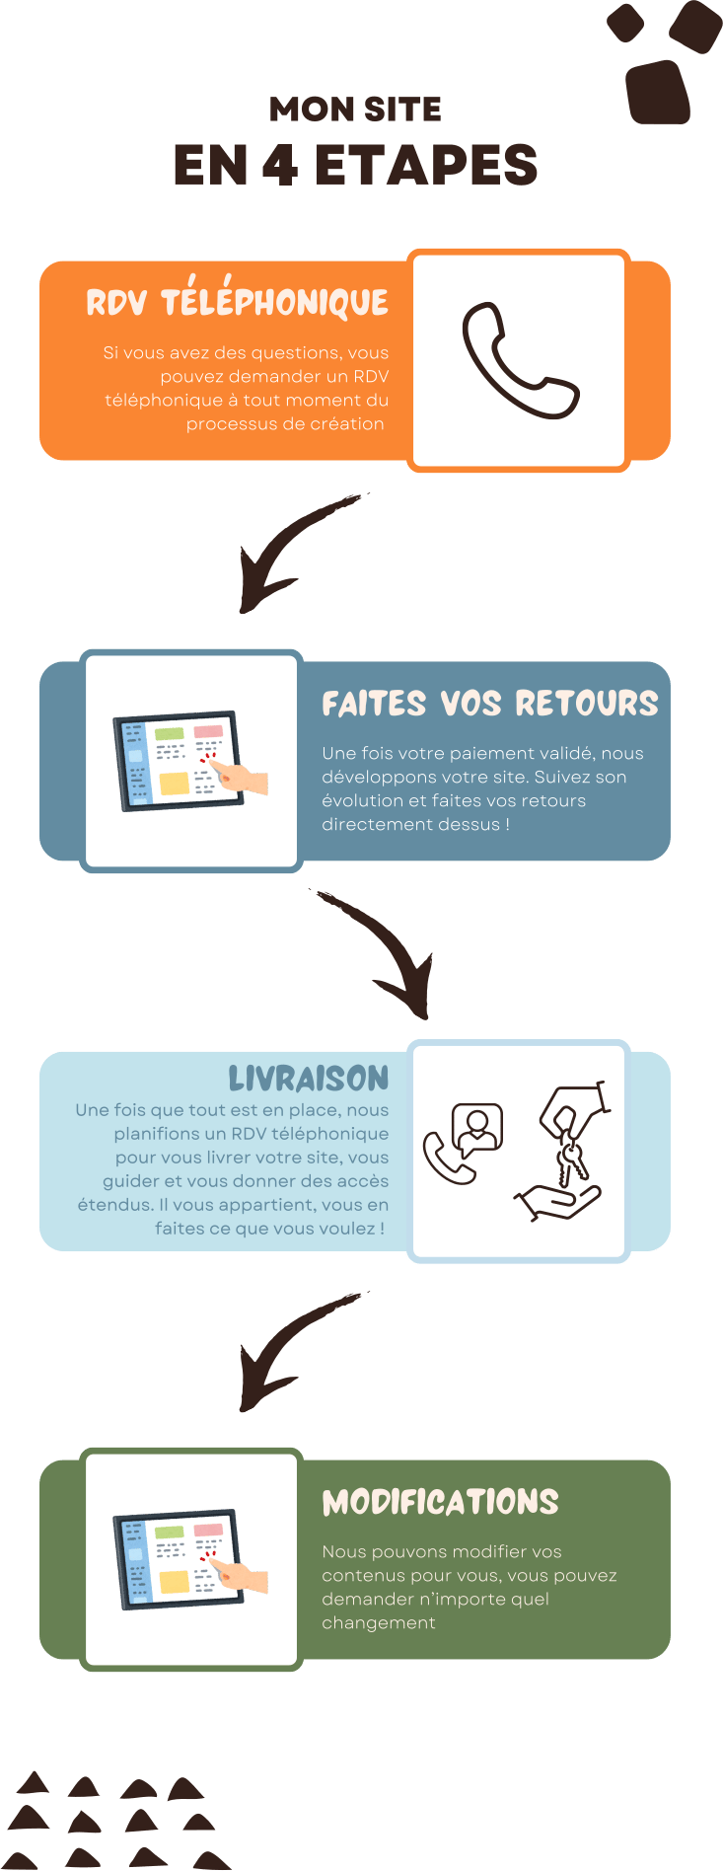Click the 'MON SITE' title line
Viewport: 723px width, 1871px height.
tap(355, 110)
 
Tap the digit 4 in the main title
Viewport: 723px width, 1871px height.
tap(280, 165)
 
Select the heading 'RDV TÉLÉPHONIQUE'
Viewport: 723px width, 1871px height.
tap(238, 302)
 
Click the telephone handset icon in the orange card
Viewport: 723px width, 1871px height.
tap(519, 360)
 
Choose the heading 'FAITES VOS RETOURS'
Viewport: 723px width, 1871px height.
tap(489, 703)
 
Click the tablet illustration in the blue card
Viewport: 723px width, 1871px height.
tap(190, 760)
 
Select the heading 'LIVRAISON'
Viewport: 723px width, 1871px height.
tap(309, 1078)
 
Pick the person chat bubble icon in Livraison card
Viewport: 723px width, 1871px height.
tap(477, 1129)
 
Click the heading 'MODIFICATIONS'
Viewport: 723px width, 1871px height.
tap(440, 1502)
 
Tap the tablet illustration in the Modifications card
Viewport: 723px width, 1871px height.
tap(190, 1559)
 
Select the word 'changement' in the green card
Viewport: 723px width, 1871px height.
tap(378, 1622)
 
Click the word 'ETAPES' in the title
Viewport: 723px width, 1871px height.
tap(425, 165)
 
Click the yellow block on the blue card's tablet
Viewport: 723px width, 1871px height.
tap(174, 784)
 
